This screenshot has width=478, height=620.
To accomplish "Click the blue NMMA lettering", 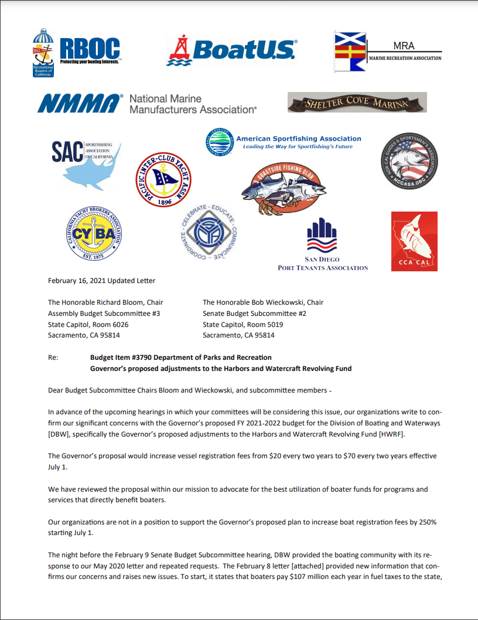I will coord(77,104).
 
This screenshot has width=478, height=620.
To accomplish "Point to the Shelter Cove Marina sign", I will coord(357,103).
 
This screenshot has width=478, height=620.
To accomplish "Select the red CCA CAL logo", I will coord(414,241).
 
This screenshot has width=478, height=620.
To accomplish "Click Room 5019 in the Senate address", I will coord(269,325).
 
